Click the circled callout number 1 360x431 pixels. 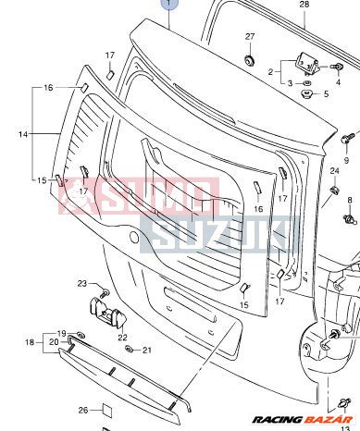168,6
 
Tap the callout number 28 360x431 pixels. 304,6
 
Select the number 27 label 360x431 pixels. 249,36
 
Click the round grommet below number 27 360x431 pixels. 249,60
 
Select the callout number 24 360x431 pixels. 334,171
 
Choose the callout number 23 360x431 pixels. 81,283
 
